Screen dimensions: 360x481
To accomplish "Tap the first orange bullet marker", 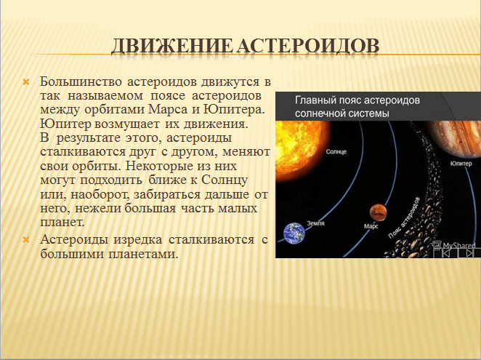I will [27, 80].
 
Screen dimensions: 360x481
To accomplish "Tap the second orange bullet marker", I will [27, 240].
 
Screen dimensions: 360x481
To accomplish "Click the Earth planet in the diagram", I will [294, 233].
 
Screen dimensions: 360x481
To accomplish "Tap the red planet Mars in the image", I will [377, 212].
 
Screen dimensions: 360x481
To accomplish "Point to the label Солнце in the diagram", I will [336, 151].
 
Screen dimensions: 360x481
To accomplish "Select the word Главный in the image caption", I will [318, 100].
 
